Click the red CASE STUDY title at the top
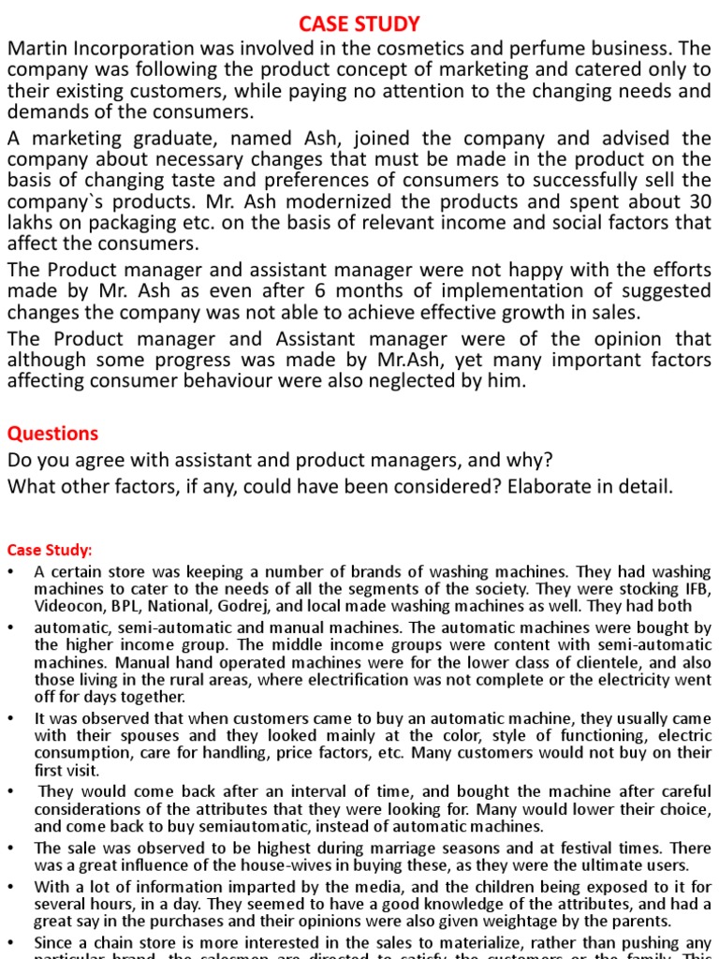(359, 22)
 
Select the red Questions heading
(52, 433)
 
